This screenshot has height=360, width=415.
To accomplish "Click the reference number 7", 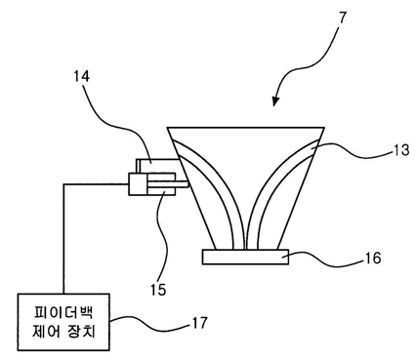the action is [342, 19].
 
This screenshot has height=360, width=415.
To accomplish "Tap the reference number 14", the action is [81, 76].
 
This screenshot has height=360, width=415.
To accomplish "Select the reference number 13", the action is [400, 150].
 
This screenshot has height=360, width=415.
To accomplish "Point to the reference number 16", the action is [373, 258].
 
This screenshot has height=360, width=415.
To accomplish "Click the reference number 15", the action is [158, 289].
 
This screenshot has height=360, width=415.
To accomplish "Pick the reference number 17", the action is [199, 323].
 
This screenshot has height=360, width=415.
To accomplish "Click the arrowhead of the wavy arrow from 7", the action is [275, 101].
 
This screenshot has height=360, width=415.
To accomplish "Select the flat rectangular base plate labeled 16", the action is [245, 257].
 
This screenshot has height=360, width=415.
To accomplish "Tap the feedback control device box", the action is [63, 322].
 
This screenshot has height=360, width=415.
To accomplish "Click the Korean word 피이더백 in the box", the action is [63, 312].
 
